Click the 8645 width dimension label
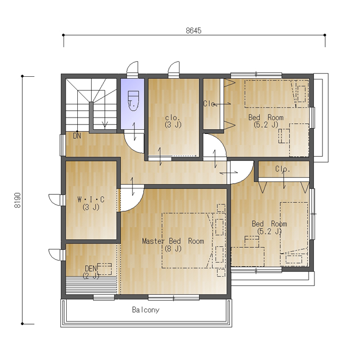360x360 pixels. point(194,31)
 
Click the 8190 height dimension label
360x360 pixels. point(17,200)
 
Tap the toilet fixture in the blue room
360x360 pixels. point(133,101)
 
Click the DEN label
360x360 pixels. point(91,268)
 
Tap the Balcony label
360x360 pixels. point(146,310)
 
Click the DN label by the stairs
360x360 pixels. point(77,136)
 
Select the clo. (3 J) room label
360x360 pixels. point(173,121)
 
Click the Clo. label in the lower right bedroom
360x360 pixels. point(283,169)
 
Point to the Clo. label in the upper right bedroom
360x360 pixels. point(210,104)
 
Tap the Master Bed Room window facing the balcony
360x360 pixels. point(174,298)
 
